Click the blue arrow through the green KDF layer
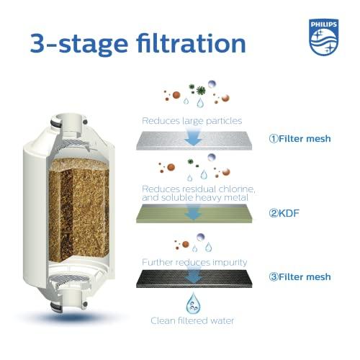point(193,212)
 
